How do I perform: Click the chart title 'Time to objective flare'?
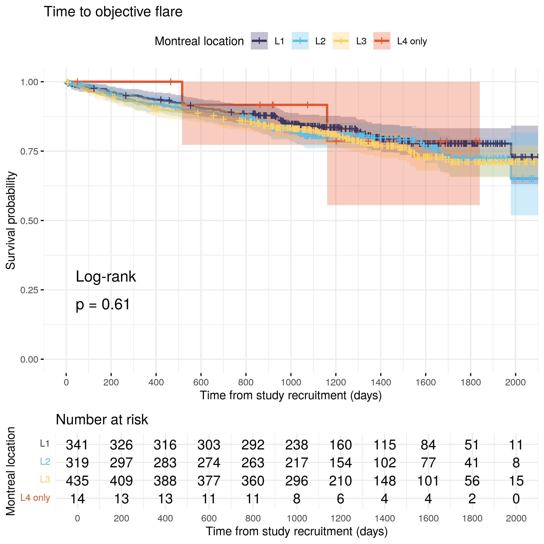coord(113,12)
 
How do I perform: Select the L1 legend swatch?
coord(259,41)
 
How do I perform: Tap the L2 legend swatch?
coord(300,41)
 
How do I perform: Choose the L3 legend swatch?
coord(341,41)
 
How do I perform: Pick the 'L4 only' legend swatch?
coord(382,41)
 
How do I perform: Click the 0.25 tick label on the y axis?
coord(29,290)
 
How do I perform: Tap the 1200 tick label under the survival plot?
coord(336,382)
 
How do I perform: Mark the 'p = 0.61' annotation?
coord(103,304)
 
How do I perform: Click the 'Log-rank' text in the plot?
coord(106,276)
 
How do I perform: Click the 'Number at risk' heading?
coord(102,420)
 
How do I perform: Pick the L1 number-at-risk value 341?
coord(77,445)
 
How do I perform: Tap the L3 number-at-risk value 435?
coord(77,481)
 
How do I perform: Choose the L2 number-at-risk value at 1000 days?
coord(297,463)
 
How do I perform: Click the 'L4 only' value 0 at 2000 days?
coord(516,499)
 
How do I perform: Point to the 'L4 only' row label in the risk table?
coord(35,498)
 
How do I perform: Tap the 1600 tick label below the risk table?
coord(428,518)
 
